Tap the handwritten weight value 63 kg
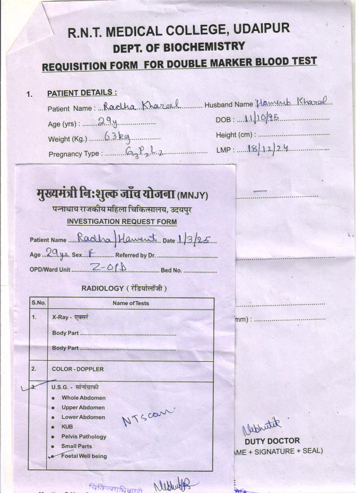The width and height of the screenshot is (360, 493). pos(117,136)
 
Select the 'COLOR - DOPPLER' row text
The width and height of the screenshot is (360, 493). pos(78,369)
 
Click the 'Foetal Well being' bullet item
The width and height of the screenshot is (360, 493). pos(84,456)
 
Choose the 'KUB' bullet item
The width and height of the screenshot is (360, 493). pos(67,427)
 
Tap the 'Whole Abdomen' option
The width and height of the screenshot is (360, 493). pos(83,398)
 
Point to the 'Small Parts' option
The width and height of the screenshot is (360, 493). pos(76,446)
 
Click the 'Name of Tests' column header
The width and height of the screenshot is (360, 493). pos(130,303)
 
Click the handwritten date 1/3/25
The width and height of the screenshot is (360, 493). pos(194,239)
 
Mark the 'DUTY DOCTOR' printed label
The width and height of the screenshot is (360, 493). pos(272,441)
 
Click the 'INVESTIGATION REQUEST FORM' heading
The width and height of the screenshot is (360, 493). pos(121,222)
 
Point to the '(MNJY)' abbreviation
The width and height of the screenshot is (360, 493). pos(192,196)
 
